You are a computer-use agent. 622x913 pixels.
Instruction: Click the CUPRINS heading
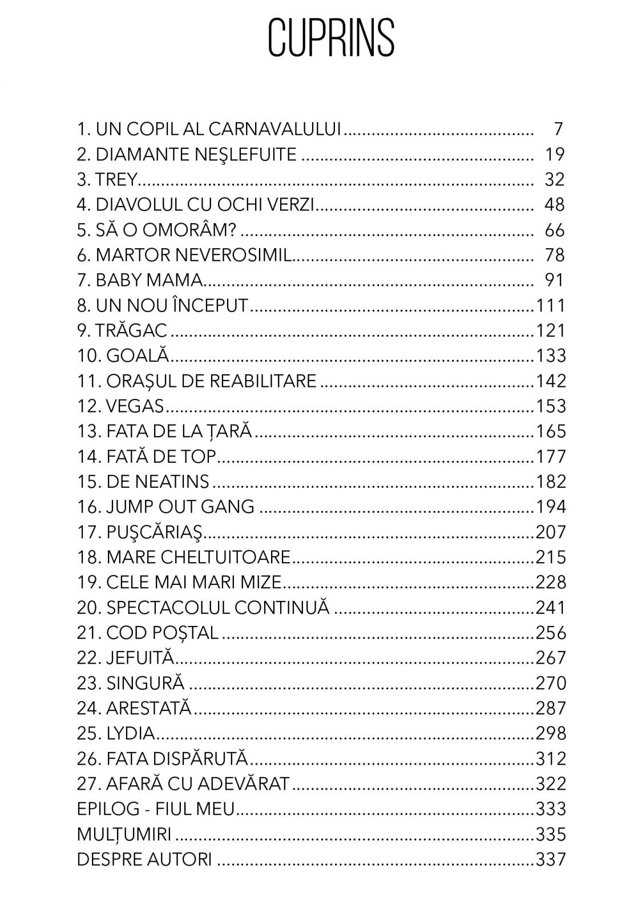click(x=331, y=38)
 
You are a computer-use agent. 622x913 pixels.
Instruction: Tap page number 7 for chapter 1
click(x=558, y=129)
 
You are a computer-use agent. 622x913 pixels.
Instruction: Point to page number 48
click(x=554, y=204)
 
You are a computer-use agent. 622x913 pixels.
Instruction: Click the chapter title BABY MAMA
click(x=150, y=280)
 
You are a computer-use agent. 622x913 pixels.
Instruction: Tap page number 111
click(x=550, y=305)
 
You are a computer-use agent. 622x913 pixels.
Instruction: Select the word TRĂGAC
click(x=131, y=330)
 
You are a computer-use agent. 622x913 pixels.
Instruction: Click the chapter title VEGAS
click(x=135, y=406)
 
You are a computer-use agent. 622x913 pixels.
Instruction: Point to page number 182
click(x=550, y=482)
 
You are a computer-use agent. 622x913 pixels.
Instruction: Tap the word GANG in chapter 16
click(x=232, y=507)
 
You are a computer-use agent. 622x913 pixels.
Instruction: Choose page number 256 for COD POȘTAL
click(x=550, y=633)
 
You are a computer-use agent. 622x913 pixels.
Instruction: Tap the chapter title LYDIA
click(x=130, y=733)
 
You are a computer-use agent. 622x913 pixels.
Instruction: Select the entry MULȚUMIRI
click(x=124, y=834)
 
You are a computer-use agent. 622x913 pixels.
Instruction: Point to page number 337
click(x=550, y=859)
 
